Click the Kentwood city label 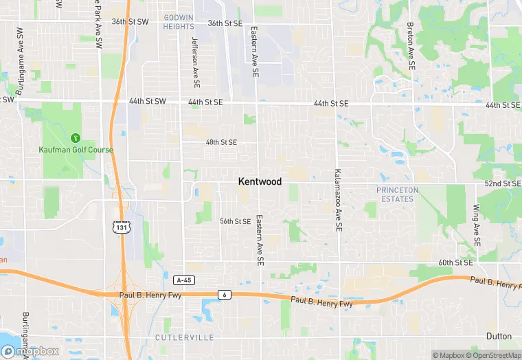(x=260, y=181)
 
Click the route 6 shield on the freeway (x=224, y=295)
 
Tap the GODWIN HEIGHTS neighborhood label (x=179, y=21)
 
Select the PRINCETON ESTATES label (x=397, y=194)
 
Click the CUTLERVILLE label (x=184, y=337)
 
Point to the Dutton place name (x=499, y=336)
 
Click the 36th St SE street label (x=225, y=23)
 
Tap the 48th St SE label (x=221, y=142)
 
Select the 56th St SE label (x=235, y=221)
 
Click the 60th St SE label (x=456, y=262)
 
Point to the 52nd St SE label (x=503, y=183)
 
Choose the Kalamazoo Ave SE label (x=338, y=200)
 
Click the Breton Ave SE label (x=410, y=46)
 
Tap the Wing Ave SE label (x=475, y=227)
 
